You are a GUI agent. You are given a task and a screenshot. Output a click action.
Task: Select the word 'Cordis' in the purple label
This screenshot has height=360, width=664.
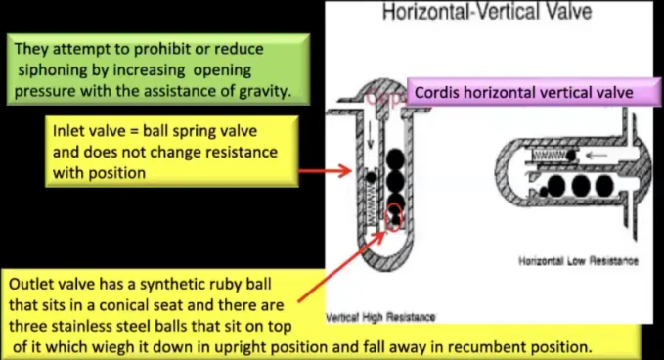point(436,93)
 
